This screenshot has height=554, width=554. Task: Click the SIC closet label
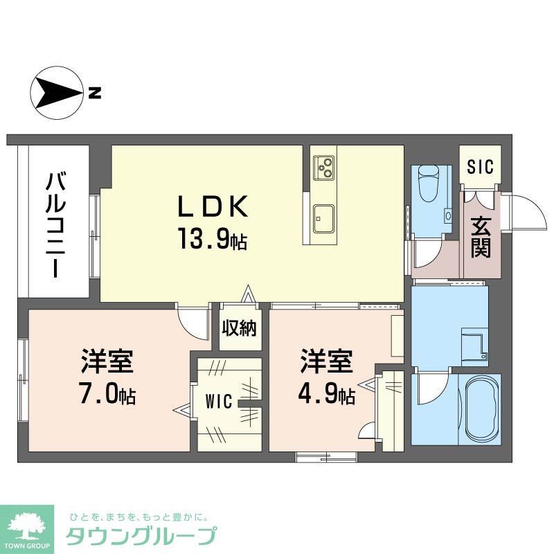point(479,167)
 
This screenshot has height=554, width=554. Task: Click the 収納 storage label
point(240,328)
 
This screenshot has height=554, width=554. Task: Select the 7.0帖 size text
point(107,395)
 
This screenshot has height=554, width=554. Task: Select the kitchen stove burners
point(323,166)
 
